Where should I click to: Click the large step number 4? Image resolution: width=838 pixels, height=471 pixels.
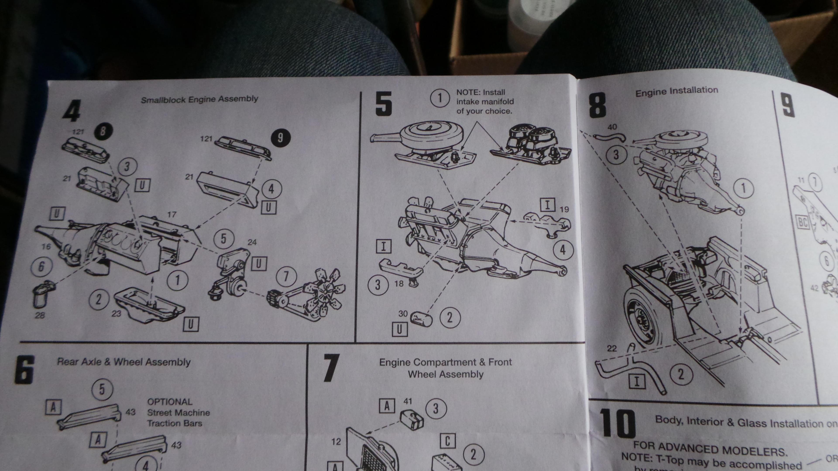coord(72,111)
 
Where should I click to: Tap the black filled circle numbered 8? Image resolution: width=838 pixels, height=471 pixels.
coord(103,131)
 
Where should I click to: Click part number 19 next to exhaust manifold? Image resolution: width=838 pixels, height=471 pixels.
coord(564,209)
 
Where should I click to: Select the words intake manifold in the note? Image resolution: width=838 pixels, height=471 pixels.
coord(485,101)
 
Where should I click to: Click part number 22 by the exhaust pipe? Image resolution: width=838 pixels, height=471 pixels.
coord(611,348)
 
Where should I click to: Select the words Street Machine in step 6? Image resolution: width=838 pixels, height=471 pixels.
coord(178,413)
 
